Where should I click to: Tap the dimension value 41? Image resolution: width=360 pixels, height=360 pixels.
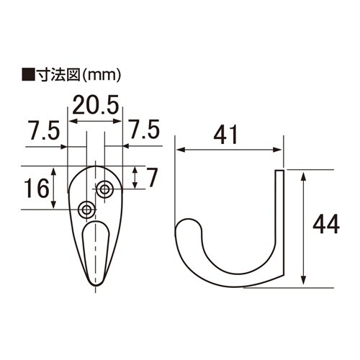click(229, 135)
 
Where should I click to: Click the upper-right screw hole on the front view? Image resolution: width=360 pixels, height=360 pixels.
click(105, 189)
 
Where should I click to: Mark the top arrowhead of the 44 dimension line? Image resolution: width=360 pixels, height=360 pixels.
click(305, 174)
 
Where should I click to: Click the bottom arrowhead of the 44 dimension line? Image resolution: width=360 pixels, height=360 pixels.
click(305, 283)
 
